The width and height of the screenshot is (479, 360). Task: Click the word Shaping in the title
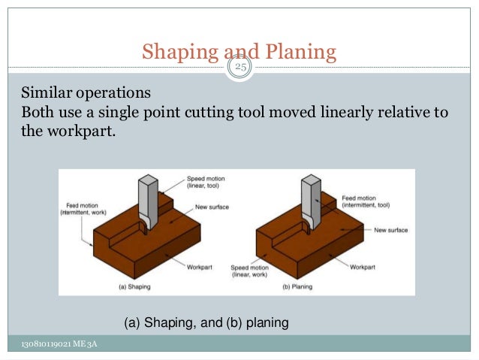click(178, 53)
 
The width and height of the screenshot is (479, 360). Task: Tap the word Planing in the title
click(297, 53)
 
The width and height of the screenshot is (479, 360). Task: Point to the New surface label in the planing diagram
click(390, 230)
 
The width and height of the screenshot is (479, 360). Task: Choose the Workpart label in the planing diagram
click(363, 266)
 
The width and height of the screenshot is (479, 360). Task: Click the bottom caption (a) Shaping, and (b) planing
click(206, 323)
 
